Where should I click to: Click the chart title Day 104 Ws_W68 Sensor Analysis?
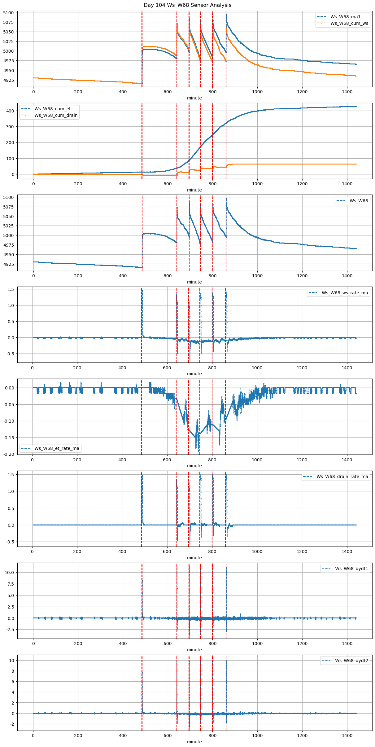pos(187,5)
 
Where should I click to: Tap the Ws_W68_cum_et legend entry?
pos(52,109)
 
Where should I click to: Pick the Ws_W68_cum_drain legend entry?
pos(56,115)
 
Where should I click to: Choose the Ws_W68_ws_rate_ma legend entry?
pos(345,293)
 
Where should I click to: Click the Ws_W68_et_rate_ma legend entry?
pos(57,448)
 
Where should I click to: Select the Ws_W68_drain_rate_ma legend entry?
pos(342,477)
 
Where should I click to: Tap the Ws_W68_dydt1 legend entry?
pos(351,569)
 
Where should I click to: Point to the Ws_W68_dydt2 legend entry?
pos(351,661)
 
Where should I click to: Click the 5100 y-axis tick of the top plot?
pos(9,13)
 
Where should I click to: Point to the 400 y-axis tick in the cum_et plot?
pos(10,111)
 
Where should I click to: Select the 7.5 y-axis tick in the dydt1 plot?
pos(10,584)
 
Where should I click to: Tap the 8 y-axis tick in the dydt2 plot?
pos(13,671)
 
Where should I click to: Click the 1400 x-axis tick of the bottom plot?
pos(347,736)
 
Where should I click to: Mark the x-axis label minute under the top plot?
pos(194,98)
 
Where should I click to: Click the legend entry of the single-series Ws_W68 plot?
pos(359,201)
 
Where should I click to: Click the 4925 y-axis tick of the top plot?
pos(9,80)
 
